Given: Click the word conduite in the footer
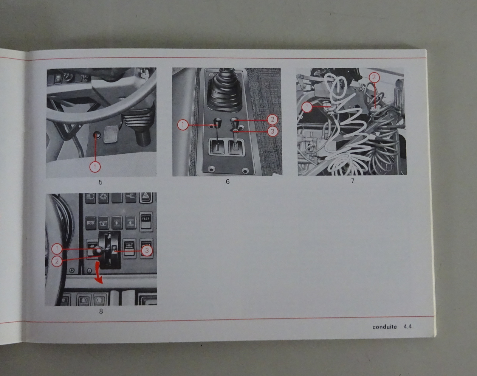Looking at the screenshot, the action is click(385, 327).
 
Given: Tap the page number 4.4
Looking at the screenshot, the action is click(408, 327).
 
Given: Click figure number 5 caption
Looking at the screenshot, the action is click(100, 182).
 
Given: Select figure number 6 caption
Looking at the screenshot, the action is click(228, 182).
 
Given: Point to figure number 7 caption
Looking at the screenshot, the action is click(352, 181).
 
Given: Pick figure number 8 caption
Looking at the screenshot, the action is click(101, 311).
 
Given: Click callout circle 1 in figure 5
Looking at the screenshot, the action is click(95, 167).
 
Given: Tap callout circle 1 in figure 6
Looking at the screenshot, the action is click(183, 125).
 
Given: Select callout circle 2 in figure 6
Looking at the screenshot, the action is click(272, 120).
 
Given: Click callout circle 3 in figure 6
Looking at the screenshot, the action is click(272, 131).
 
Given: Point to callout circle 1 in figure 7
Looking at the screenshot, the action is click(307, 107).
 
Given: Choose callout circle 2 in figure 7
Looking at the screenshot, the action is click(374, 77).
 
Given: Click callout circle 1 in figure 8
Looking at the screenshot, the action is click(57, 249).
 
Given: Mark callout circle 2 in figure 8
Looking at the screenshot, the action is click(57, 261).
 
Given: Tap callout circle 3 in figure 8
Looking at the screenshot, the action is click(147, 251).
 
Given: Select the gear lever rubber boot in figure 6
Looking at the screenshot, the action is click(224, 91).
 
